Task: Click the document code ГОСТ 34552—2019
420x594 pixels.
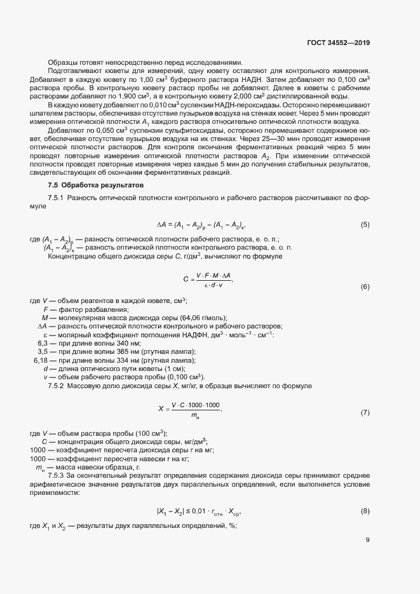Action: (337, 43)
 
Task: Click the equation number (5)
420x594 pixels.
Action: (365, 225)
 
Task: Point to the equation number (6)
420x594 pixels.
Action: (365, 287)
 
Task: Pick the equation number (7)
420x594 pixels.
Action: (365, 413)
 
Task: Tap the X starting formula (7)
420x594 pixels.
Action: (160, 409)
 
